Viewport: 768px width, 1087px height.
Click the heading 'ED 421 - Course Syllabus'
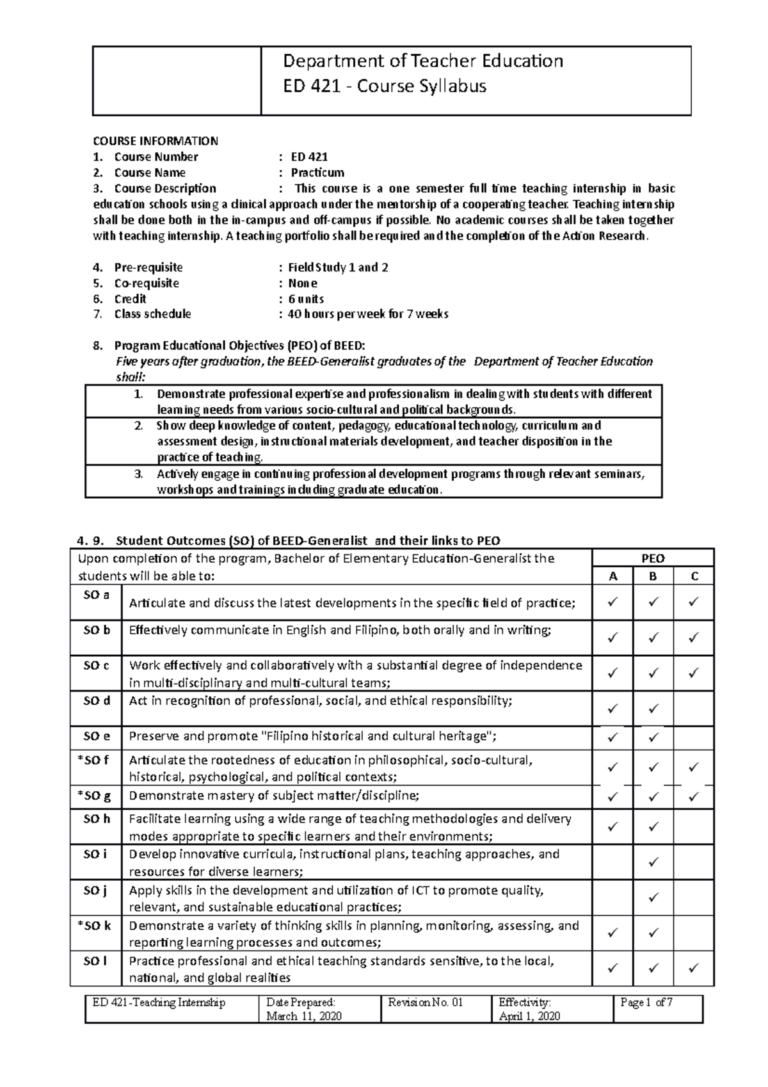click(x=385, y=86)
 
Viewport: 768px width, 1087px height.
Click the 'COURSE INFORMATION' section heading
click(x=156, y=141)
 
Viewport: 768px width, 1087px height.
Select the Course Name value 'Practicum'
click(x=317, y=173)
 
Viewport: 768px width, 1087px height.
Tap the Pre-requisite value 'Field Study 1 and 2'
click(x=338, y=268)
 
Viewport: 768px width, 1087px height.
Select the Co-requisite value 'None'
click(x=303, y=284)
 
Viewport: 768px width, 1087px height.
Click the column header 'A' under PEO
click(x=612, y=577)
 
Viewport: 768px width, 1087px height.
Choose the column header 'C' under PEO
click(x=694, y=577)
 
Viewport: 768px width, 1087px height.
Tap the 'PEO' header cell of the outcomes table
click(x=653, y=558)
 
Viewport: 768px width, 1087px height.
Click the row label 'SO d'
click(x=97, y=701)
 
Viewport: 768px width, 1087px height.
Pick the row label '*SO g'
click(x=95, y=796)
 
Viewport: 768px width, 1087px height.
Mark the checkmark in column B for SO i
click(x=653, y=863)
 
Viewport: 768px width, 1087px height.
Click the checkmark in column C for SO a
click(x=694, y=602)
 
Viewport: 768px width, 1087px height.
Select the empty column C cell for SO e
click(x=694, y=737)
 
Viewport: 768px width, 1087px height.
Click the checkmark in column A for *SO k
click(x=612, y=934)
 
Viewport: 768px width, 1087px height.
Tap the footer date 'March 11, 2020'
click(x=304, y=1017)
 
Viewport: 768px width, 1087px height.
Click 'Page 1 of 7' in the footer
click(x=646, y=1003)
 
